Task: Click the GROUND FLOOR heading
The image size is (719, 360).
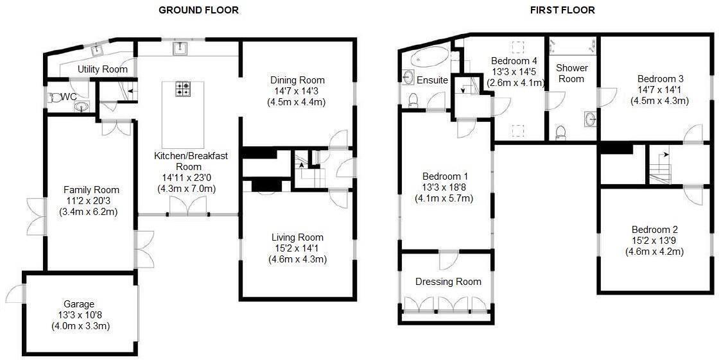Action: click(x=198, y=10)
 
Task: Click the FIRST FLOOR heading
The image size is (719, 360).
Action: click(x=562, y=10)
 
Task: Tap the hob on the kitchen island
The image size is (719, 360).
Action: click(x=183, y=89)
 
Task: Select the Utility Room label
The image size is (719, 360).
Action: click(x=103, y=69)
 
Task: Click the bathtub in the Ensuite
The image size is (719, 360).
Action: click(x=424, y=58)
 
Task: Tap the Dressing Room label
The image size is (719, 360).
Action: click(x=448, y=281)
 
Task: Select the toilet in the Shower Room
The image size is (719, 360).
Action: click(x=559, y=133)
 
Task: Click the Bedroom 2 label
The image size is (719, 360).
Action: click(x=654, y=230)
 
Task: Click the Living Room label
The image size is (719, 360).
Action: click(x=297, y=237)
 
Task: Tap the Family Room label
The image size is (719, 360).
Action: click(x=91, y=189)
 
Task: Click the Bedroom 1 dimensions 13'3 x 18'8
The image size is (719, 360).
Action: click(x=445, y=187)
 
